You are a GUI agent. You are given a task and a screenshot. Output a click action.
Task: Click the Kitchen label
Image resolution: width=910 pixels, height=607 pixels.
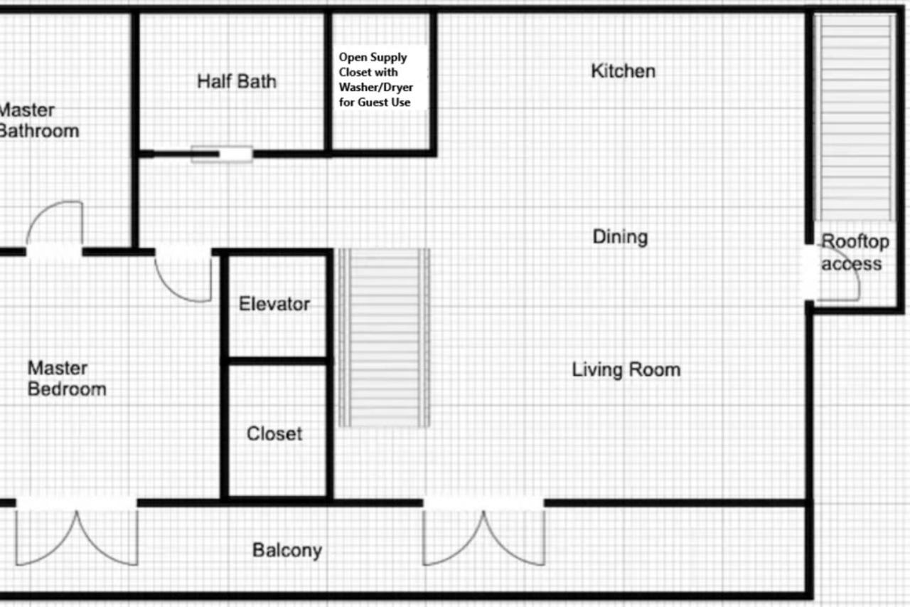(623, 71)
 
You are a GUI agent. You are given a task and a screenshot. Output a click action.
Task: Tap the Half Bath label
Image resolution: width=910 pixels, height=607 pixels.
(237, 81)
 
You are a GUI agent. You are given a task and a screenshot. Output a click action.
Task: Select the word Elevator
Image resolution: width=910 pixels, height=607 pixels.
(274, 304)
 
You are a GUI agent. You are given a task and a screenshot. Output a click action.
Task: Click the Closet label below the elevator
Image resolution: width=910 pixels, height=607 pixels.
(274, 434)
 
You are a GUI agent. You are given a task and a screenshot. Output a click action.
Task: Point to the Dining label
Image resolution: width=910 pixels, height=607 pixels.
(621, 237)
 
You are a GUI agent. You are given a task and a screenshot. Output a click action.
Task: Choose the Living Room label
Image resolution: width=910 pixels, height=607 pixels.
(626, 370)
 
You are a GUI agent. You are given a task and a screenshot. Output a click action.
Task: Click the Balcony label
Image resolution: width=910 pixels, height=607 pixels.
(287, 551)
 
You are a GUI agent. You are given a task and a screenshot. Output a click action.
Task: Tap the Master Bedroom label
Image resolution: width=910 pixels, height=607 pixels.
(67, 379)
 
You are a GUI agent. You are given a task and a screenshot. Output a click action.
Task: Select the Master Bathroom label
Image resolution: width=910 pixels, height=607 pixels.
(39, 121)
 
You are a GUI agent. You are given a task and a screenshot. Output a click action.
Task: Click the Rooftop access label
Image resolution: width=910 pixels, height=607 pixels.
(855, 253)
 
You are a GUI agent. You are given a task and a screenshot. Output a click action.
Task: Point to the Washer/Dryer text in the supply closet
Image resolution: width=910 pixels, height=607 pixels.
(376, 87)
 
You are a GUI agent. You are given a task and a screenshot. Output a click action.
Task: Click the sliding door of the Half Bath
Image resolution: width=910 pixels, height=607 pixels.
(222, 154)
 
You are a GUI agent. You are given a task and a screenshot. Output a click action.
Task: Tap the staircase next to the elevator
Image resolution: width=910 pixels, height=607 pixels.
(384, 338)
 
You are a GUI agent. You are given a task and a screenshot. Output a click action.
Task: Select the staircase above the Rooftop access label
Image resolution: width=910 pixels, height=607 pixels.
(855, 118)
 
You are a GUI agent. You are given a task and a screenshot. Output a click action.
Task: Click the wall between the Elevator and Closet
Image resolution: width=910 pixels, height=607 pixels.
(277, 361)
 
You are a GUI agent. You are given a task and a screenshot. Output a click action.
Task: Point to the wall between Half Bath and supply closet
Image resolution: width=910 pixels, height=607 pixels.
(328, 81)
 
